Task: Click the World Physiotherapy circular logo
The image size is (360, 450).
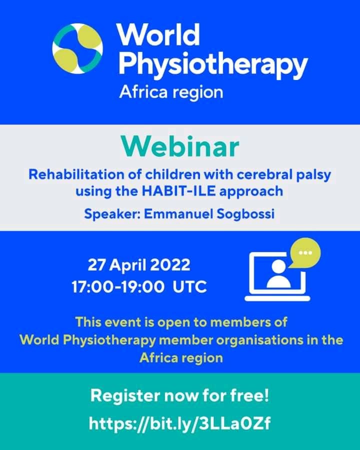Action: [77, 48]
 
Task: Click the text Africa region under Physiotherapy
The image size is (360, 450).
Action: [171, 92]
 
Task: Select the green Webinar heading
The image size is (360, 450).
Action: [180, 146]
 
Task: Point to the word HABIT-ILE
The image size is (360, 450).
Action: [178, 191]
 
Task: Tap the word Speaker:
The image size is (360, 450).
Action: [112, 214]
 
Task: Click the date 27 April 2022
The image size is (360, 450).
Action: [139, 264]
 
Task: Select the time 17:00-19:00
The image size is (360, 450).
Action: [118, 286]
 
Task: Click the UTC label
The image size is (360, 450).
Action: [190, 286]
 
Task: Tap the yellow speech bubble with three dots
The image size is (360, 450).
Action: [305, 252]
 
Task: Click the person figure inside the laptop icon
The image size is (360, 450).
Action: [278, 274]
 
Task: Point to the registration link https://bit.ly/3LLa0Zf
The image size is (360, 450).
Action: [179, 423]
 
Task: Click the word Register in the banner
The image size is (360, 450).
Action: [125, 396]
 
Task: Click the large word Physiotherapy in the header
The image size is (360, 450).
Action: [213, 64]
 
